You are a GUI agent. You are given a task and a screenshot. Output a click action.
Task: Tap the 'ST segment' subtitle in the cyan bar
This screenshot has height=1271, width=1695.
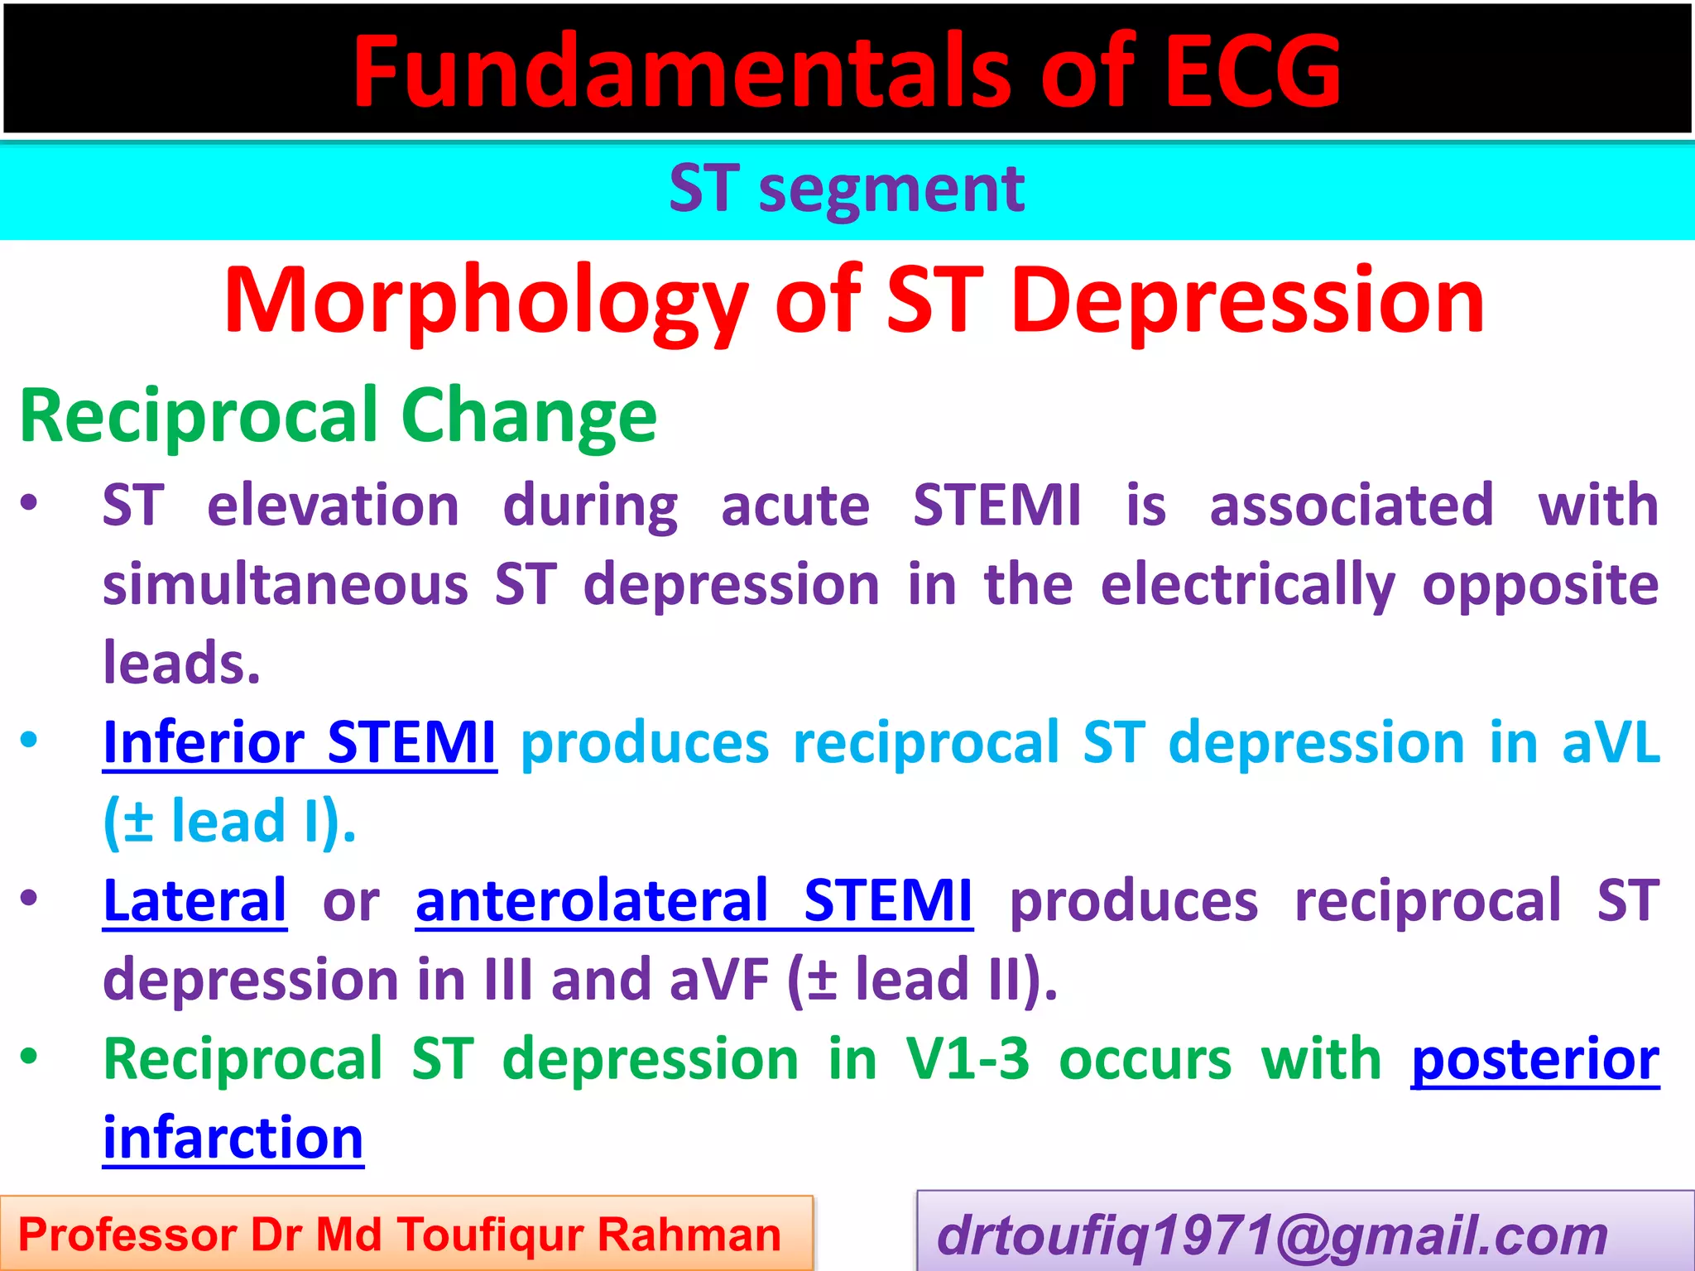tap(847, 189)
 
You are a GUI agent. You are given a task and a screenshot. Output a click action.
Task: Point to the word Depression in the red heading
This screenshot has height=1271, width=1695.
tap(1247, 302)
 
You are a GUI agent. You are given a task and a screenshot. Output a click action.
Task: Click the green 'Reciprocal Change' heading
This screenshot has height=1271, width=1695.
tap(338, 416)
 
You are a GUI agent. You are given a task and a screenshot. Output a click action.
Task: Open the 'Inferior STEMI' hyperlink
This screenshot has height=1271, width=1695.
tap(300, 742)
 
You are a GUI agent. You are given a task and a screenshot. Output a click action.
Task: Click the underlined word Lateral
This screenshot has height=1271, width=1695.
tap(195, 900)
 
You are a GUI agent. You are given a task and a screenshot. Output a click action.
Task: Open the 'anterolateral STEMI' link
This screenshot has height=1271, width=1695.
tap(694, 900)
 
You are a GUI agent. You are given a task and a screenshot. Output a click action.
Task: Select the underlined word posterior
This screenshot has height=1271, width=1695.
tap(1535, 1060)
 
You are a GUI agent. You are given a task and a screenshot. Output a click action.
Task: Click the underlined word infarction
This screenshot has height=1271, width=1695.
tap(233, 1139)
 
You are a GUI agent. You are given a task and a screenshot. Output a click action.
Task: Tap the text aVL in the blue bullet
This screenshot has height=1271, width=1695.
tap(1610, 742)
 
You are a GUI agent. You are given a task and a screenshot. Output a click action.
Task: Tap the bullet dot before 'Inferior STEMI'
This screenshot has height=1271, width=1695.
tap(30, 740)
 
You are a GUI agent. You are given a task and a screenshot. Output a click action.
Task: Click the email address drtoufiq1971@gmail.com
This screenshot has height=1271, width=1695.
tap(1272, 1235)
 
